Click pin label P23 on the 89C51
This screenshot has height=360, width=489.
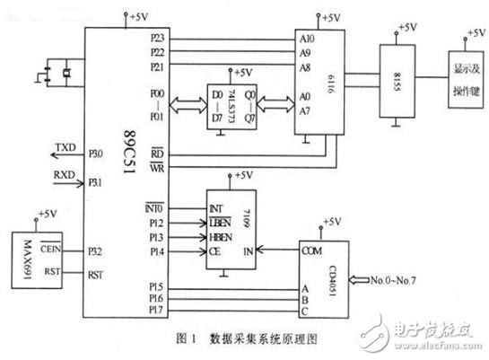click(158, 40)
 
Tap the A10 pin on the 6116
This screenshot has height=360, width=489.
click(308, 40)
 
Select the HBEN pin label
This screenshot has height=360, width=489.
click(221, 235)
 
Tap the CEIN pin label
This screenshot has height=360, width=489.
click(49, 253)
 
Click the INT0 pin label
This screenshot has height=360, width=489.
click(156, 207)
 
